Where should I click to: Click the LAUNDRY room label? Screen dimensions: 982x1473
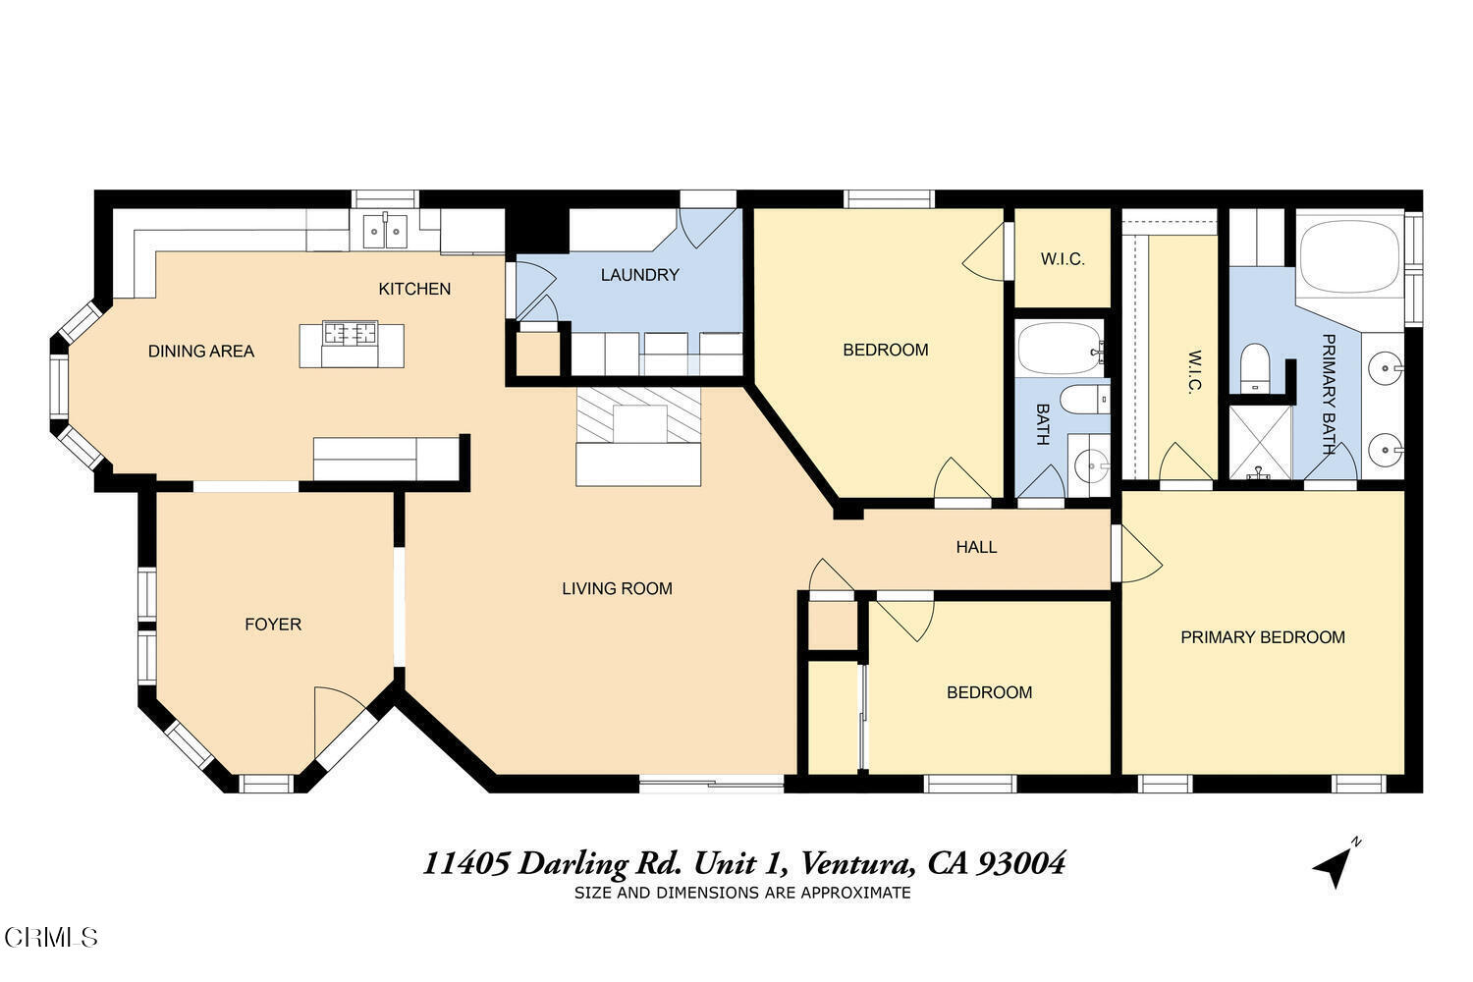pyautogui.click(x=639, y=275)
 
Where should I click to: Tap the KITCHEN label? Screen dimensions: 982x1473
pyautogui.click(x=414, y=289)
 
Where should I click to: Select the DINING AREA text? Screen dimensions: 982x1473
pyautogui.click(x=200, y=352)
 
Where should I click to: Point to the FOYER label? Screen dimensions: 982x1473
pyautogui.click(x=273, y=625)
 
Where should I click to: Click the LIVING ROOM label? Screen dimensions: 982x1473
pyautogui.click(x=617, y=589)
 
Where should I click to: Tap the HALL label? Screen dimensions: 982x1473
pyautogui.click(x=976, y=547)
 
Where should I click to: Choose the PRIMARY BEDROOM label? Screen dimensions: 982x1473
pyautogui.click(x=1262, y=637)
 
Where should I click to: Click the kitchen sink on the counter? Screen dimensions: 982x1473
pyautogui.click(x=385, y=232)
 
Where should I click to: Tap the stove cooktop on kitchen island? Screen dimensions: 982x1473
pyautogui.click(x=351, y=334)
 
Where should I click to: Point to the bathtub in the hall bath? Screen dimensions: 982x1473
pyautogui.click(x=1059, y=348)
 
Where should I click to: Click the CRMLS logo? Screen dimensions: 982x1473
pyautogui.click(x=49, y=937)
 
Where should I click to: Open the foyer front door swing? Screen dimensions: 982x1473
pyautogui.click(x=339, y=722)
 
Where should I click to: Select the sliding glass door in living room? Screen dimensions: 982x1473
pyautogui.click(x=711, y=783)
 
